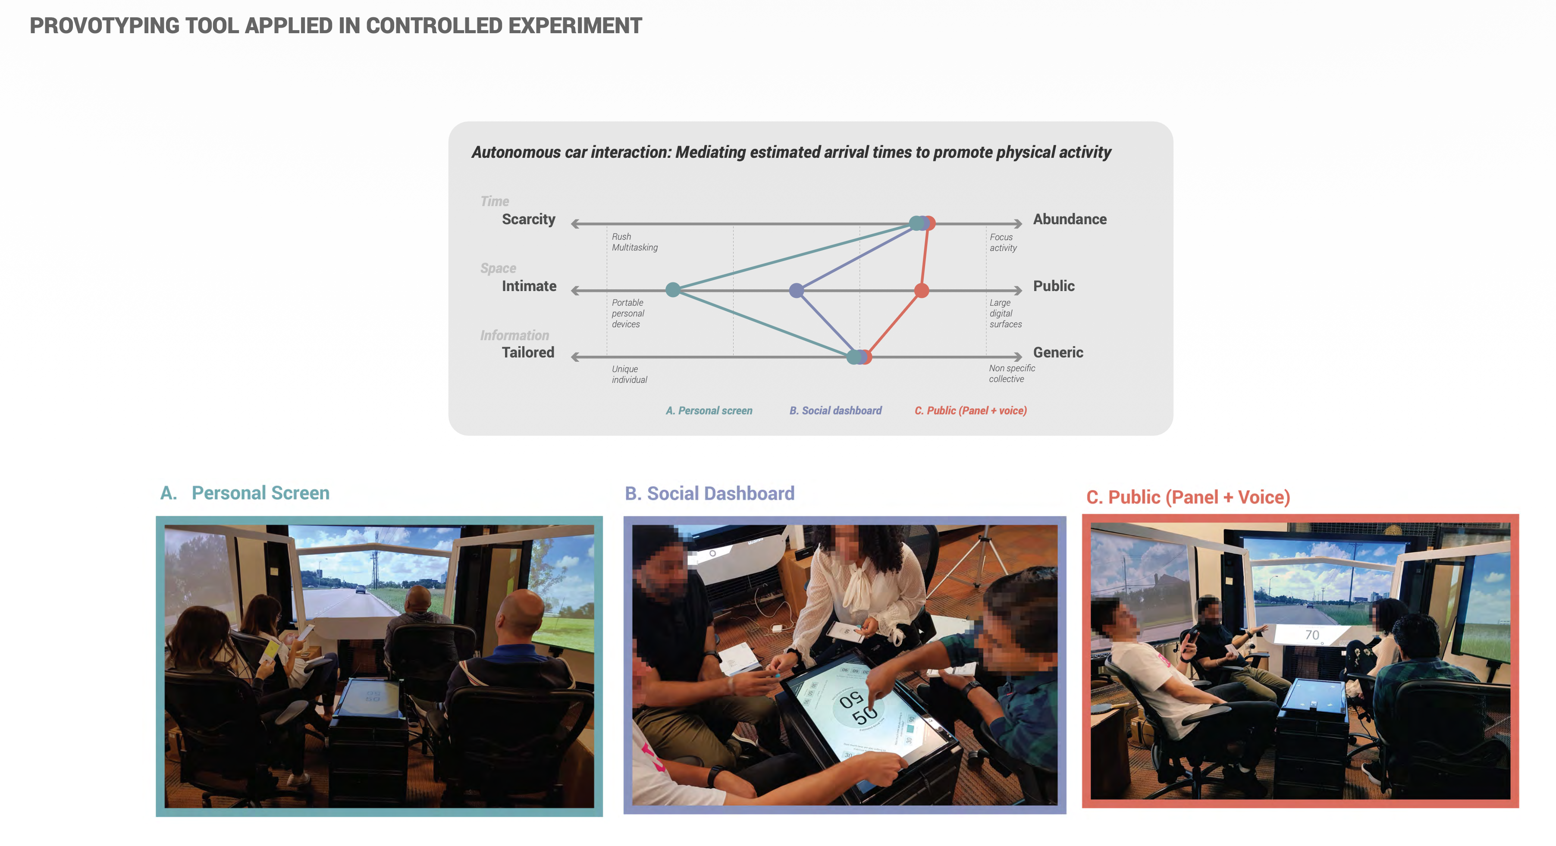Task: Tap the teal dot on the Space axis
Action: point(673,290)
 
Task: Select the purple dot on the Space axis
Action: point(797,291)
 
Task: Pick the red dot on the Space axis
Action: point(921,291)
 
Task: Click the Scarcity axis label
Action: point(529,219)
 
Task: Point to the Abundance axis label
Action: point(1070,219)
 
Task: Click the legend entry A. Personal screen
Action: point(709,410)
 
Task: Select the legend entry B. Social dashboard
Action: point(835,410)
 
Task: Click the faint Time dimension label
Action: point(495,201)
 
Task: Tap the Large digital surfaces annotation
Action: point(1006,313)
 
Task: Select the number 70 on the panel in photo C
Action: point(1312,635)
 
